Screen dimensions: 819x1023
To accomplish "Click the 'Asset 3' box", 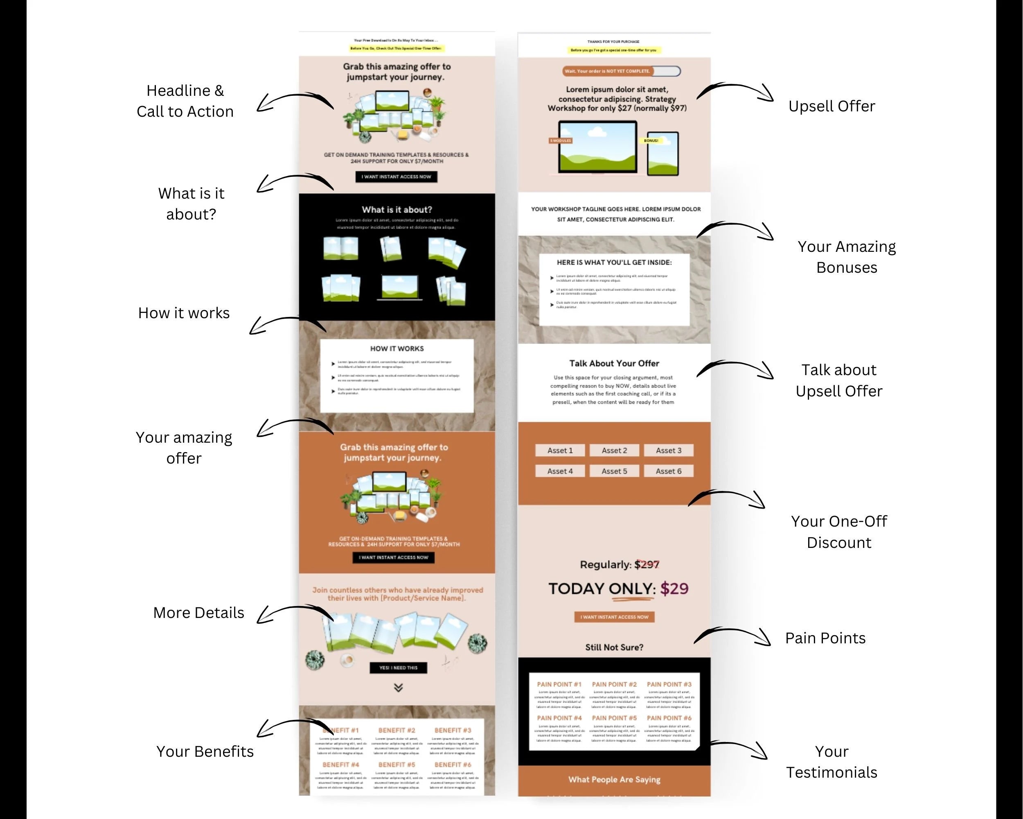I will click(x=668, y=450).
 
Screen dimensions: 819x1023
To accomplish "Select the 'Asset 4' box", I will click(x=560, y=471).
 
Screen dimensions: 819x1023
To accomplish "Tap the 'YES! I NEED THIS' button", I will click(x=398, y=667).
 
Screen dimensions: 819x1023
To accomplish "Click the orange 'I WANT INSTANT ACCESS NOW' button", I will click(x=614, y=617).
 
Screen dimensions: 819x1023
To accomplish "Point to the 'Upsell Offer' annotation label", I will click(x=831, y=106).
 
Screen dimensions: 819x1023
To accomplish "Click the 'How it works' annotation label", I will click(x=184, y=313).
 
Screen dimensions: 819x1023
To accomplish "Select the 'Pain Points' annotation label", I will click(x=825, y=638).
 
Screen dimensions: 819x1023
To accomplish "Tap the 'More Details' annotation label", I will click(x=198, y=613).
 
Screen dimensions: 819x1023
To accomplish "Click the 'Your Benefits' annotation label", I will click(x=205, y=751).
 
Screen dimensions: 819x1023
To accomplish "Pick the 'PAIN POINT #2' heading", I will click(x=614, y=684).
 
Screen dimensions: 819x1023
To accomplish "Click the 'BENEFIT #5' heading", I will click(x=397, y=765).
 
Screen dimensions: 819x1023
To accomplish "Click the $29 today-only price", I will click(x=674, y=589).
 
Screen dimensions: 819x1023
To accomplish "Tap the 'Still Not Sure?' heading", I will click(x=614, y=647).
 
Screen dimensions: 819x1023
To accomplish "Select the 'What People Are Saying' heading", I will click(x=614, y=779).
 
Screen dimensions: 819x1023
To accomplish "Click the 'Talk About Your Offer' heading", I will click(x=614, y=363).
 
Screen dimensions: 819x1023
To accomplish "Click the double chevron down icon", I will click(x=398, y=688).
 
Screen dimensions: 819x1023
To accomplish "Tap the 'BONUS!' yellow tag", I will click(x=651, y=140).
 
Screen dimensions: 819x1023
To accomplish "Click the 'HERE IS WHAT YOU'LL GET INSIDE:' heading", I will click(x=614, y=262).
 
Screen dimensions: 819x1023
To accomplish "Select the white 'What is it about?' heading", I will click(x=397, y=209).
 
